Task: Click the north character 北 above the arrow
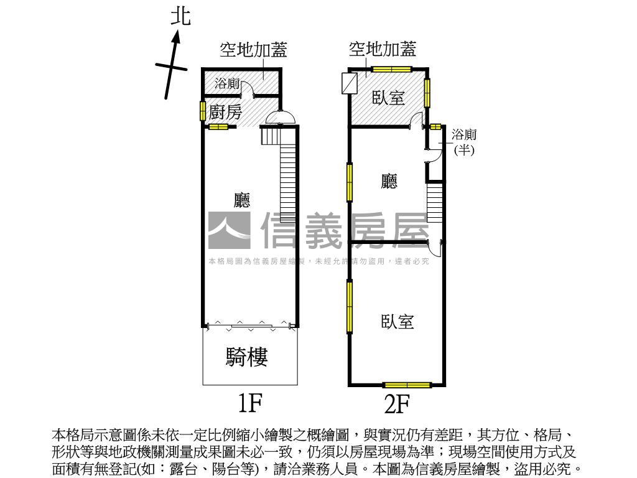[180, 17]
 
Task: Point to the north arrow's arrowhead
[176, 37]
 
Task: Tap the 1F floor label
[250, 403]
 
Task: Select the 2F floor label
[397, 403]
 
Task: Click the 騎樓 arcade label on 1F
[246, 357]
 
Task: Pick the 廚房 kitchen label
[225, 112]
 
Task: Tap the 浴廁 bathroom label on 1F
[227, 84]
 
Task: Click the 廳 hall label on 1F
[242, 200]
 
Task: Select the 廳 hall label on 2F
[389, 181]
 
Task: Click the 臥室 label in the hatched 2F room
[389, 98]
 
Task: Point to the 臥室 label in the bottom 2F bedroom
[398, 322]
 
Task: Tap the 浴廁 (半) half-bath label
[464, 142]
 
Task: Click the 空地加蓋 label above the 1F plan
[254, 50]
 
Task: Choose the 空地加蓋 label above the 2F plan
[383, 49]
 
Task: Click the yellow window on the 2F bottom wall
[407, 385]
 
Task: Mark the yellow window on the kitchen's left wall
[202, 111]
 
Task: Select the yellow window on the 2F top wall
[392, 69]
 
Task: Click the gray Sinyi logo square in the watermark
[229, 230]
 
